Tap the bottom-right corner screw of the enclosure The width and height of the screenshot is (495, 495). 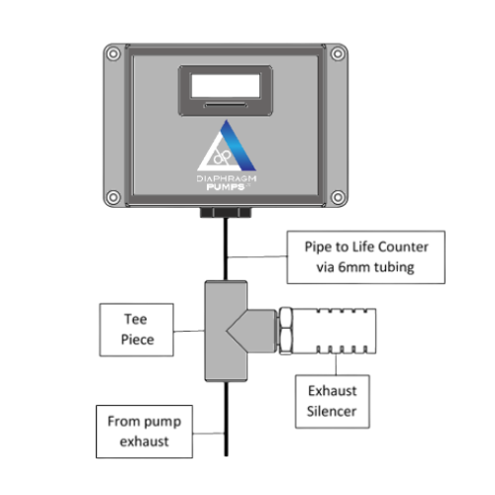coord(336,193)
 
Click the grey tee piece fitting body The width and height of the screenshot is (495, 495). coord(225,330)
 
